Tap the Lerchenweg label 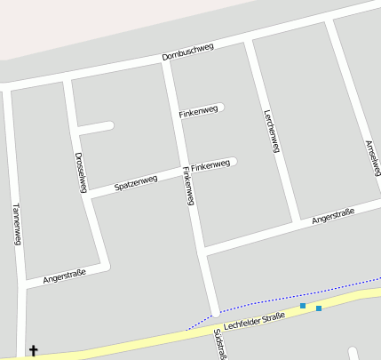271,131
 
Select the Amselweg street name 372,157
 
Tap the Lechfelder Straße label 254,319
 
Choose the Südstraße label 219,345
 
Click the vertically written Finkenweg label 187,186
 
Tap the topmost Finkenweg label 197,111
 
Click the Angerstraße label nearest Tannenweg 64,276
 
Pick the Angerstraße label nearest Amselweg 333,215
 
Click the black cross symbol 35,351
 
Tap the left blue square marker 303,306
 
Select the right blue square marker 318,308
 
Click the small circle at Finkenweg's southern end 215,314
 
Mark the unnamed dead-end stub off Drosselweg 98,126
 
